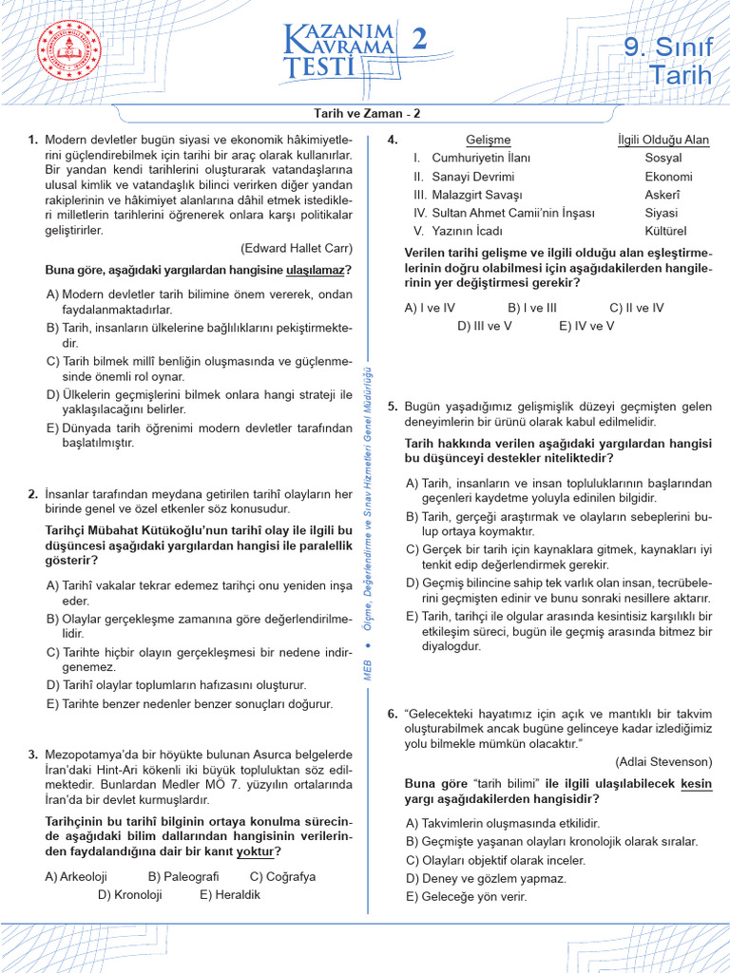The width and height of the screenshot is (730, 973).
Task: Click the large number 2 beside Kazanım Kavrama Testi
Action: [x=417, y=40]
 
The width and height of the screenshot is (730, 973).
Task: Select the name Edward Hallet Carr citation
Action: [x=297, y=248]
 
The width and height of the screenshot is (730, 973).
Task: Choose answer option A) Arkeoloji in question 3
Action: [x=76, y=876]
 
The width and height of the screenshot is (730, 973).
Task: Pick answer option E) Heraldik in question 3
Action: [x=230, y=894]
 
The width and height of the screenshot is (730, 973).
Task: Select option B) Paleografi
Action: [x=183, y=876]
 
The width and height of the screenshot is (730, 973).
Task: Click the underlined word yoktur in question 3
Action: [x=258, y=850]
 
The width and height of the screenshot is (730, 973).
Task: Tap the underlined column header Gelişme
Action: [x=489, y=140]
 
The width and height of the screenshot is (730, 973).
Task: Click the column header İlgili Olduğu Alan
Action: [x=663, y=140]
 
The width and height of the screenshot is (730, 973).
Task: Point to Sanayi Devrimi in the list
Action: [x=472, y=177]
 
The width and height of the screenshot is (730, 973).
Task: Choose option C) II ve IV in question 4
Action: [x=637, y=307]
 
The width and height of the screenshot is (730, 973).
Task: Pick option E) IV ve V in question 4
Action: [x=586, y=325]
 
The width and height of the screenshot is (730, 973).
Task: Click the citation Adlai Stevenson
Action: [x=663, y=761]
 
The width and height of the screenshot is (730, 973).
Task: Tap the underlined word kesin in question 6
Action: [x=697, y=784]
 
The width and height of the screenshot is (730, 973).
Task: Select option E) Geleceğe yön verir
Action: [x=466, y=896]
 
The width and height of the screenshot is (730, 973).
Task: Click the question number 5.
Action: [x=392, y=406]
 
